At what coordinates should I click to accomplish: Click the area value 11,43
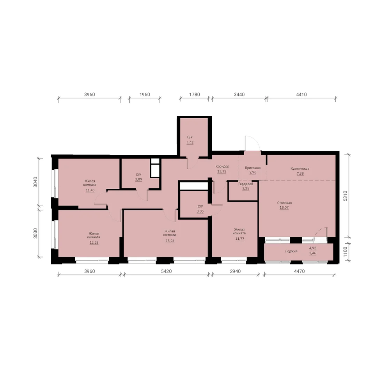click(90, 190)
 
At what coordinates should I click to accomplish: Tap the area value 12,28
click(94, 243)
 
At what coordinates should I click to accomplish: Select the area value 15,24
click(170, 241)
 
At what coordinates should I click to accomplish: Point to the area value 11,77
click(239, 239)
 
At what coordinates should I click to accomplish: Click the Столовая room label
click(284, 203)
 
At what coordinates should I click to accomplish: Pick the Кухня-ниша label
click(300, 168)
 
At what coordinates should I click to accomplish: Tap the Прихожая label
click(253, 168)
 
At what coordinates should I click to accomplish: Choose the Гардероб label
click(246, 184)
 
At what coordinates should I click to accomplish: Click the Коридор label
click(222, 167)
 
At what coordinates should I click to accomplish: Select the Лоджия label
click(291, 251)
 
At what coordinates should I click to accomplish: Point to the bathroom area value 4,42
click(190, 142)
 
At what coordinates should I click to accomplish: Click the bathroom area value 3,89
click(138, 179)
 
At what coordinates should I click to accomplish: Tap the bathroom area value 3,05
click(200, 211)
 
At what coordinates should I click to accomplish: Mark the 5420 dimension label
click(167, 271)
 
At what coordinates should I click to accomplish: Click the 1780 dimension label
click(195, 94)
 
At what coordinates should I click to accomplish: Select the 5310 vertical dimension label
click(345, 196)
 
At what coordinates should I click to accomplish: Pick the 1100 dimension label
click(345, 252)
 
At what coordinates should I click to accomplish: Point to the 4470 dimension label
click(299, 271)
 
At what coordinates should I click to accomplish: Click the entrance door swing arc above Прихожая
click(257, 141)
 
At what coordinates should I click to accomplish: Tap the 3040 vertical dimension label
click(35, 182)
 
